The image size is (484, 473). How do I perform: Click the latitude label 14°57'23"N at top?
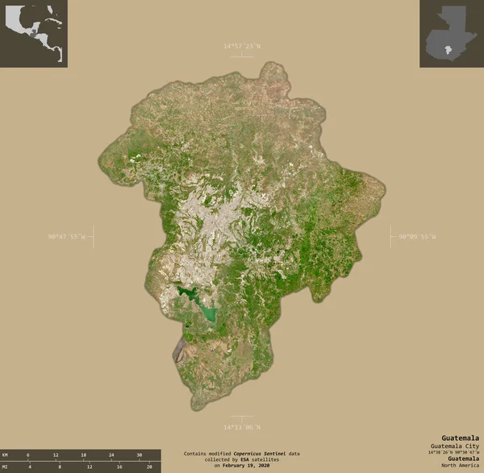click(x=242, y=47)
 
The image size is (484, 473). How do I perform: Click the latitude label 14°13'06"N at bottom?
click(x=242, y=426)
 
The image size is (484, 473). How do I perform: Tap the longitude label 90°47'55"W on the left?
click(x=67, y=237)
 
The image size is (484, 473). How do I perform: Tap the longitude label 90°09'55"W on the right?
click(x=416, y=237)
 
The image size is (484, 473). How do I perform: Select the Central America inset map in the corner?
click(x=34, y=33)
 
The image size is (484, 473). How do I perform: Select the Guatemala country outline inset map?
click(x=449, y=33)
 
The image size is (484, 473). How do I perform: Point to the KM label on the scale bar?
click(x=6, y=455)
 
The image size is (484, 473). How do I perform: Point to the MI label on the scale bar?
click(x=6, y=467)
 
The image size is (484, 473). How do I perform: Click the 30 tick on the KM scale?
click(x=139, y=455)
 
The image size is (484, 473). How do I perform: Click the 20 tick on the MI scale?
click(x=150, y=467)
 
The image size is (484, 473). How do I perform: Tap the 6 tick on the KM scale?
click(x=28, y=455)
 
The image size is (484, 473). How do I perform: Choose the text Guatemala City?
click(x=457, y=446)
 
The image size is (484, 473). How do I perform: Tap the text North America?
click(x=461, y=465)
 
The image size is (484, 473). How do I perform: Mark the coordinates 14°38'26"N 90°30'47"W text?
click(x=454, y=452)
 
